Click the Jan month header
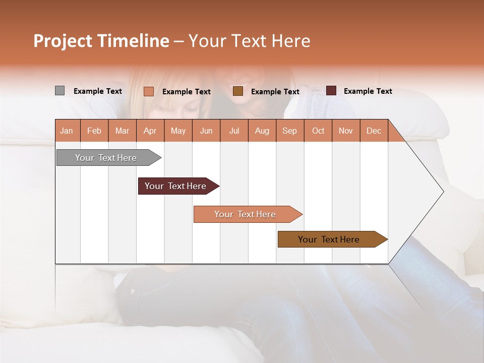67,131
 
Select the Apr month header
150,131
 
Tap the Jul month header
234,131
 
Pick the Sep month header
289,131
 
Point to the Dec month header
374,131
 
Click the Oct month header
318,131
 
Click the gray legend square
59,91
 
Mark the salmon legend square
149,91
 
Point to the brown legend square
238,91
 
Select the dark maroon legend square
331,91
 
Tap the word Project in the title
63,41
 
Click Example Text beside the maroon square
368,91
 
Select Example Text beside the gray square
98,91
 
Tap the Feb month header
94,131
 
